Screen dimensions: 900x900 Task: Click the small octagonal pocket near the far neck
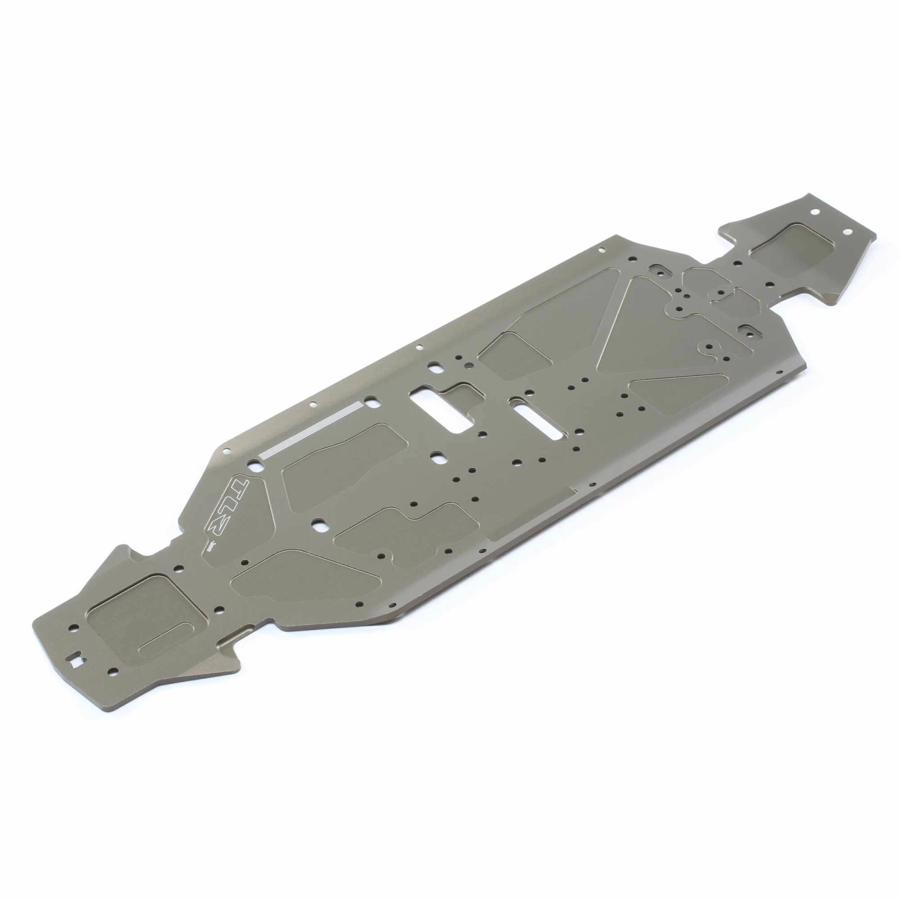(703, 277)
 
